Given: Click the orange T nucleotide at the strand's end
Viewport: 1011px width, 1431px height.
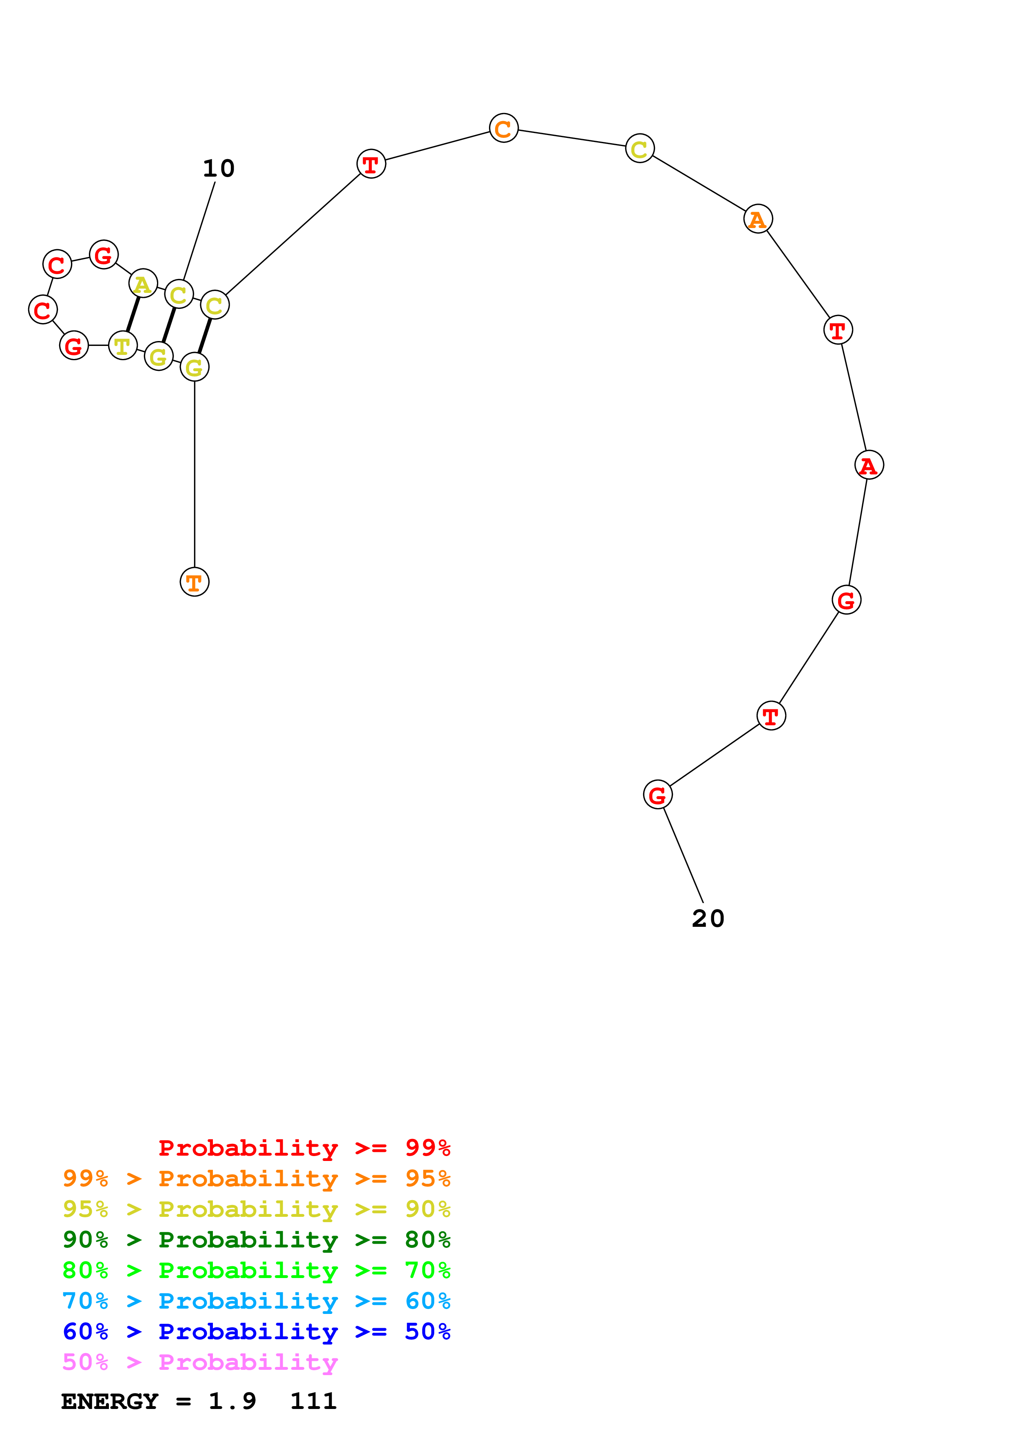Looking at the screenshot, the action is tap(195, 582).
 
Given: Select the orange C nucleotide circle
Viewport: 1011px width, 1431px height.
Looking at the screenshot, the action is tap(503, 128).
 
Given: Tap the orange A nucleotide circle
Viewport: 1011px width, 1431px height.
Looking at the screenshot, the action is tap(757, 219).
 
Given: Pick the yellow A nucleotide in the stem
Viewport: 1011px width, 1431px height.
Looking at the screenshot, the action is tap(143, 284).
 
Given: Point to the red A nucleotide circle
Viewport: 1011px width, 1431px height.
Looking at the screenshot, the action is tap(868, 465).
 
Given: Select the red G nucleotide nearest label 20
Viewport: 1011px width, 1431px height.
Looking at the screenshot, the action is tap(657, 795).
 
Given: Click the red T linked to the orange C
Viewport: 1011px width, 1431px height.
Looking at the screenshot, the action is tap(371, 164).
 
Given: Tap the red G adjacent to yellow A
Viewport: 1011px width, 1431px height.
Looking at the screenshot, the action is tap(104, 254).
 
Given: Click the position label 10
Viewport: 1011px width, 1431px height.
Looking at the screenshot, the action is tap(219, 168).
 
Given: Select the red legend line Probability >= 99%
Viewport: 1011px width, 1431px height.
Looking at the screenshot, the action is tap(304, 1148).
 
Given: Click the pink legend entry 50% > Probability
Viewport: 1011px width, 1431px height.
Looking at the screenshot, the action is tap(200, 1362).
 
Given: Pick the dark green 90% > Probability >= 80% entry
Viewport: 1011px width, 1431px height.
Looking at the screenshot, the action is tap(256, 1240).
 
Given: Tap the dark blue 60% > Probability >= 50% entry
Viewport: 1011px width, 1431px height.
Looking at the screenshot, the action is tap(256, 1331).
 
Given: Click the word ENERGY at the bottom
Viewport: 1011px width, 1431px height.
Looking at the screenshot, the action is tap(110, 1402).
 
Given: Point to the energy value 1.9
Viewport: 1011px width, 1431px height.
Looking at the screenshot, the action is tap(232, 1402).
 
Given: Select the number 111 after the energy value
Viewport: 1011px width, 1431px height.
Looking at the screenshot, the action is tap(313, 1402).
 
